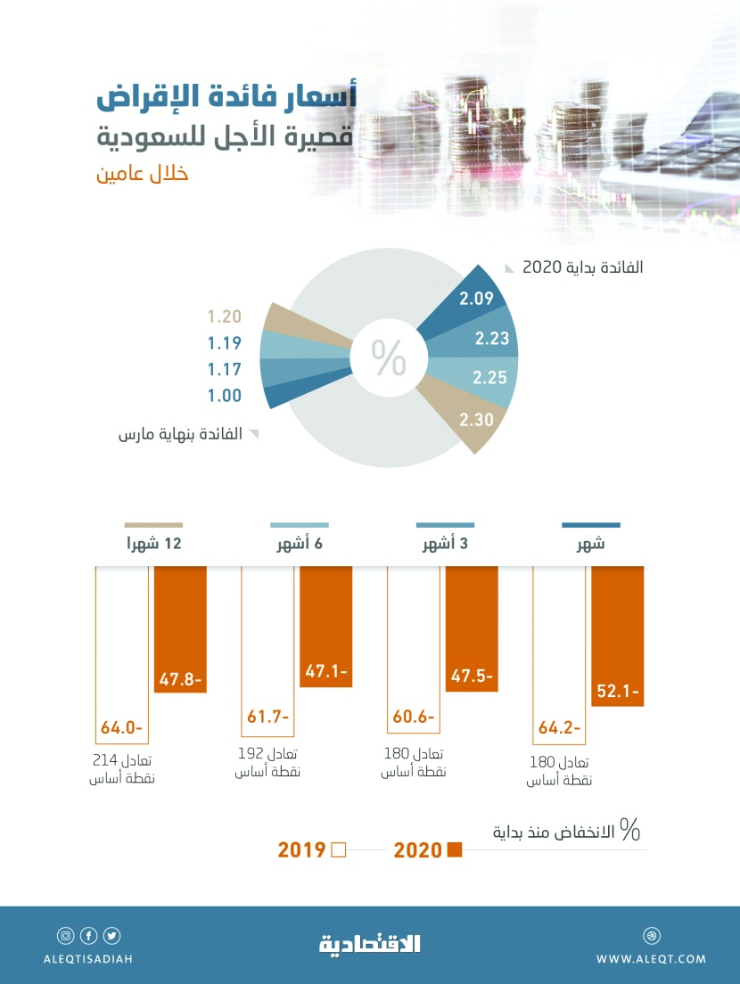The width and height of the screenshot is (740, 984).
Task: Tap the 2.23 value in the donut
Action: (x=491, y=338)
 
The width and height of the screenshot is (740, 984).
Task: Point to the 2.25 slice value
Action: (x=491, y=378)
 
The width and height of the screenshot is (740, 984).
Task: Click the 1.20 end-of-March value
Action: (x=224, y=316)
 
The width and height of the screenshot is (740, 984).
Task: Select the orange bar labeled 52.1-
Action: (x=617, y=635)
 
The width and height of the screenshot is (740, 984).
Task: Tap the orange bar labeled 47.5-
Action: (x=472, y=627)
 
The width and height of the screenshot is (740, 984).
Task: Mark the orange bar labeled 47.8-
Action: (x=180, y=628)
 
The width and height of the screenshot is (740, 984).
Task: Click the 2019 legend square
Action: (x=338, y=849)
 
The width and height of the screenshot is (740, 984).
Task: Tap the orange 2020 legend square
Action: (x=455, y=849)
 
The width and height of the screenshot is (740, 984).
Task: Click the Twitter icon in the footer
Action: (x=111, y=936)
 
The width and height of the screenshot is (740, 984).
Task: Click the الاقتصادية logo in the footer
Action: (x=370, y=944)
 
